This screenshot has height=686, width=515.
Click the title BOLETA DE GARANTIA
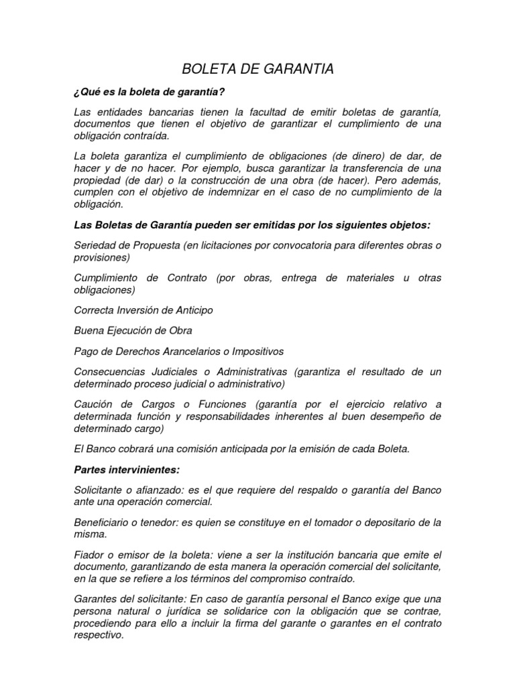(257, 69)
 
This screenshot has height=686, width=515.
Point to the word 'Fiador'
(88, 555)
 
